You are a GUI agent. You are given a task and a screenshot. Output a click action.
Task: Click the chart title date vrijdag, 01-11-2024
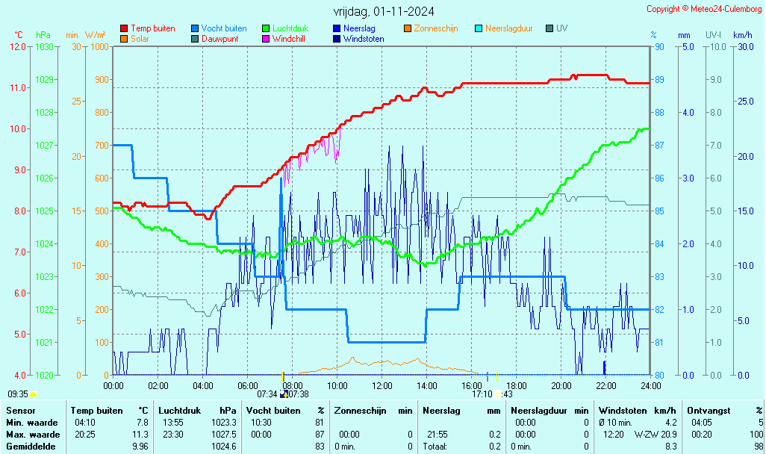383,11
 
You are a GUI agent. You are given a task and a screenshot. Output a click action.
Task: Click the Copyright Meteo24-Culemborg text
704,9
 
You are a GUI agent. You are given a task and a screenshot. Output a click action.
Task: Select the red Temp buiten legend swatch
124,28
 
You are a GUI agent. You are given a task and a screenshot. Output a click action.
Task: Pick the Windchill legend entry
288,39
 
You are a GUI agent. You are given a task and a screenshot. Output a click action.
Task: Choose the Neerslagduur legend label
508,28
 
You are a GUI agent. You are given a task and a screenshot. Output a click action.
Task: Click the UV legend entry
561,28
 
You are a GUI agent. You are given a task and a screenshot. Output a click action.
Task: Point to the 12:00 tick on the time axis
382,386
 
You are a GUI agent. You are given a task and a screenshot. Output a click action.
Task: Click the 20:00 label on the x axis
561,386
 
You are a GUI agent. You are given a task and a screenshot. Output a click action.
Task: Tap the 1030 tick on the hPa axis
44,47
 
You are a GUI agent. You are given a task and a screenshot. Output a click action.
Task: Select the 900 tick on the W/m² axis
101,80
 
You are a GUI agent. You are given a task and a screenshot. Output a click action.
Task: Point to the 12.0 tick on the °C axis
18,47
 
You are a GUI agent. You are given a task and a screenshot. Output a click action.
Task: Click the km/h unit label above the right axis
742,35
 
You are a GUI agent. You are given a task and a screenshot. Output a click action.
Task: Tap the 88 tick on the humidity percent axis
659,113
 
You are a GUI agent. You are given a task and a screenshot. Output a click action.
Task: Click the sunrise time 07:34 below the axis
267,394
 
